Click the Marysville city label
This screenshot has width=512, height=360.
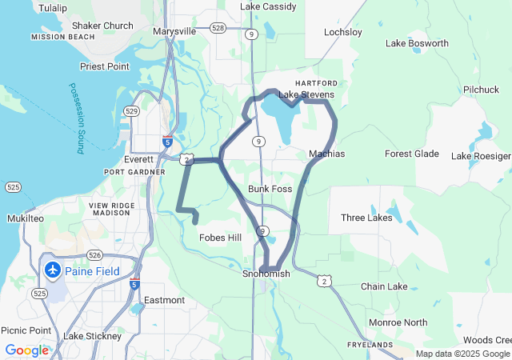click(174, 31)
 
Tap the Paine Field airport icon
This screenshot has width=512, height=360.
click(53, 270)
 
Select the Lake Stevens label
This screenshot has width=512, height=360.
click(306, 94)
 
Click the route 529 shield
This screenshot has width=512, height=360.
click(132, 110)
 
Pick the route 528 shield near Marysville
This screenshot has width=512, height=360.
click(217, 28)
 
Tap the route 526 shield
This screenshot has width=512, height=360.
click(94, 255)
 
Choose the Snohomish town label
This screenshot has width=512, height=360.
click(266, 274)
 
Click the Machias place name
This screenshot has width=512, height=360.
click(326, 153)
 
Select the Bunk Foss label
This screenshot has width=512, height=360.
click(270, 189)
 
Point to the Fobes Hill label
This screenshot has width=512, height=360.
click(220, 238)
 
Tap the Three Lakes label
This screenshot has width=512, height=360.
click(366, 218)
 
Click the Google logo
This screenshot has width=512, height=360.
click(26, 350)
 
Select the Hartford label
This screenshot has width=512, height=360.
click(311, 83)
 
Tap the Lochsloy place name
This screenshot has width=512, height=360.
click(342, 33)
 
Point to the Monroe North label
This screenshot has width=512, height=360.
click(398, 322)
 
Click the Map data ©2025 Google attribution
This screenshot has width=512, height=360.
click(462, 354)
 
